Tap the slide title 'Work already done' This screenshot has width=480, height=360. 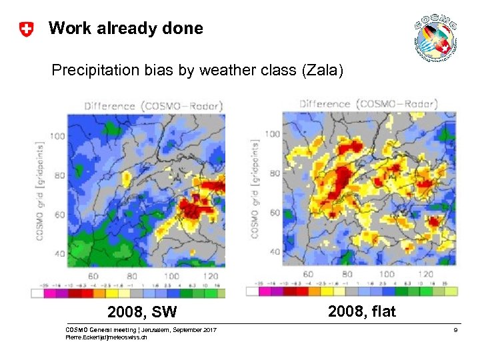125,29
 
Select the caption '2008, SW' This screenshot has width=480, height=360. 143,312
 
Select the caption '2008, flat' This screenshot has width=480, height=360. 362,311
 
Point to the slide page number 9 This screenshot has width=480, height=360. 455,330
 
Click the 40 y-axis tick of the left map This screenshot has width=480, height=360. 59,254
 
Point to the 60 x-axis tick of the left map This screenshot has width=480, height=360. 93,276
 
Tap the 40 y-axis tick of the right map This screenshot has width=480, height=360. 274,252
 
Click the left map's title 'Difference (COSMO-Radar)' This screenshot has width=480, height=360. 153,106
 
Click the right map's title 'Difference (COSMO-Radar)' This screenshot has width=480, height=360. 369,103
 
